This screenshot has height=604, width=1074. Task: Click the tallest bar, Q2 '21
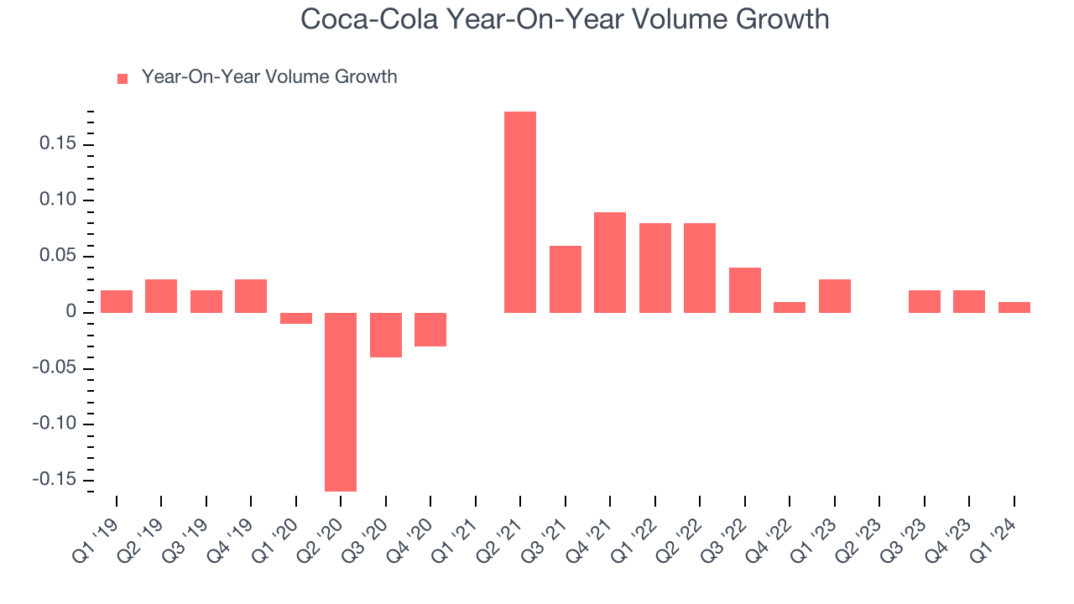click(520, 211)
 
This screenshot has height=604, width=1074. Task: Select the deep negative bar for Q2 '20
click(341, 402)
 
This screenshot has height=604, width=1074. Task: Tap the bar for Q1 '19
click(117, 301)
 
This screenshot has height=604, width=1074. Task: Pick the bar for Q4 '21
click(610, 262)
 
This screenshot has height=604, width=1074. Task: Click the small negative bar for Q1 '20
click(296, 318)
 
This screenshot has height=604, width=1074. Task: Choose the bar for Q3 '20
click(386, 335)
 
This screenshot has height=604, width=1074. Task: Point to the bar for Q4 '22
click(790, 307)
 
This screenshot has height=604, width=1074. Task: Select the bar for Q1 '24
click(1014, 307)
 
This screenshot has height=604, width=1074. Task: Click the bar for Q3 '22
click(745, 290)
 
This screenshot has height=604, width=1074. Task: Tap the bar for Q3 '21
click(566, 279)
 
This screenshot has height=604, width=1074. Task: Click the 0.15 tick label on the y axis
click(58, 144)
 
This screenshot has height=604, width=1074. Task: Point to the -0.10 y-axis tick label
click(55, 424)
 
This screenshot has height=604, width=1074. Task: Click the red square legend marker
click(123, 78)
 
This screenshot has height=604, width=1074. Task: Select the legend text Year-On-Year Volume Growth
click(269, 77)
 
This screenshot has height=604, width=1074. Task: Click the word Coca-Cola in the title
click(366, 19)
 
